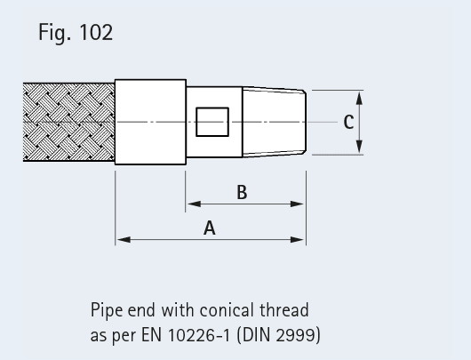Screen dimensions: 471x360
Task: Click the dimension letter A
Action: [x=210, y=228]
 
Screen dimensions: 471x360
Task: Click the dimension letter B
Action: [x=242, y=192]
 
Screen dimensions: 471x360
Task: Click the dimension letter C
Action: [x=348, y=123]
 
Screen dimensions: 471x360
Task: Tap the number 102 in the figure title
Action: [x=96, y=32]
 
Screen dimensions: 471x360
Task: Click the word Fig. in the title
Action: [x=55, y=33]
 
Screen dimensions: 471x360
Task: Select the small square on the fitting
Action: [x=212, y=122]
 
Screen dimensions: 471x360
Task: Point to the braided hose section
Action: [x=68, y=122]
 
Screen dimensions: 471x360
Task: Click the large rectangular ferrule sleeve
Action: [x=150, y=122]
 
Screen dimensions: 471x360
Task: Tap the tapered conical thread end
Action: [x=275, y=122]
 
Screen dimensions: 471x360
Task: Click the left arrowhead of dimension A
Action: [x=124, y=239]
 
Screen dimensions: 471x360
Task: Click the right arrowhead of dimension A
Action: [x=298, y=239]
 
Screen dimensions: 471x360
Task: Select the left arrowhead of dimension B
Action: [x=194, y=204]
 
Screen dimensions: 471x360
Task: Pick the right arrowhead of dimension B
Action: [x=298, y=204]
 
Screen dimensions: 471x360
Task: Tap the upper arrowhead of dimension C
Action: [x=359, y=99]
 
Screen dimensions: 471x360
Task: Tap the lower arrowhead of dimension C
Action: [x=359, y=147]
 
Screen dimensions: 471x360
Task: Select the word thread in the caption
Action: [x=284, y=310]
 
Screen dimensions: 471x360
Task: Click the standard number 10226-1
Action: [x=198, y=335]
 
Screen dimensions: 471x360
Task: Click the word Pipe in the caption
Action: [x=107, y=311]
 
